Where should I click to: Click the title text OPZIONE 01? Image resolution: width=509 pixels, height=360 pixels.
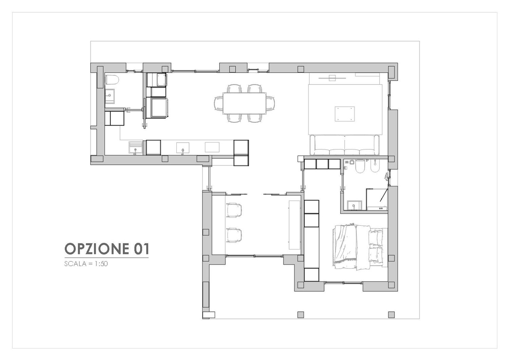(x=107, y=249)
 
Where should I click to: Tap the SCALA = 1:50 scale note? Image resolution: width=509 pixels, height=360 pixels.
(x=86, y=264)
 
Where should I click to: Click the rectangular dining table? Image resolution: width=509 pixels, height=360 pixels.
(x=244, y=103)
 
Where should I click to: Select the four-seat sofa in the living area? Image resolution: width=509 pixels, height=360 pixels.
(x=344, y=145)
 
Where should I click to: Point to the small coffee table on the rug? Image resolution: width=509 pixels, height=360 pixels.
(x=344, y=114)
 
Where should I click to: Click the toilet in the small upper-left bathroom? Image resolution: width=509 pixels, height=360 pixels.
(x=112, y=80)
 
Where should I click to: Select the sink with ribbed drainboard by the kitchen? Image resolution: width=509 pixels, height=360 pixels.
(x=135, y=148)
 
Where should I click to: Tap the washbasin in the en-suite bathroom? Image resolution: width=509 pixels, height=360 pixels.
(x=355, y=205)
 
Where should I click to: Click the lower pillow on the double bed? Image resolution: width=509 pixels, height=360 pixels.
(x=375, y=255)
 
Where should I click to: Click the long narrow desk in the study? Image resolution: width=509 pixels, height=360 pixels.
(x=295, y=225)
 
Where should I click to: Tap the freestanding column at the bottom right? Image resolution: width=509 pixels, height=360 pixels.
(x=391, y=314)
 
